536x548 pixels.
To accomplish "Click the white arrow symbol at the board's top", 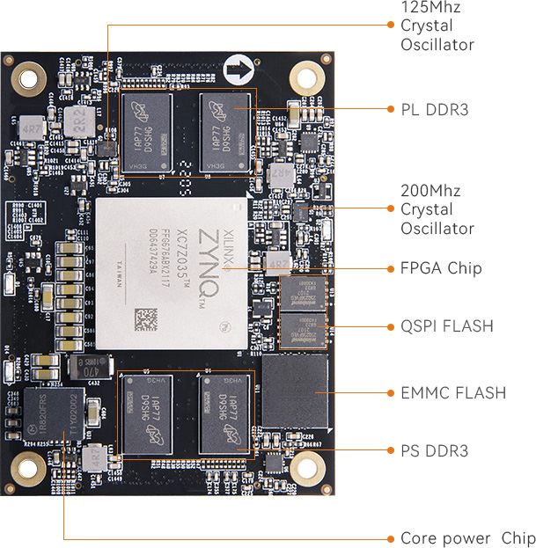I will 237,68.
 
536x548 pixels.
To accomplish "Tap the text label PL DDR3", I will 436,109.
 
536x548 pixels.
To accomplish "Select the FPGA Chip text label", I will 441,268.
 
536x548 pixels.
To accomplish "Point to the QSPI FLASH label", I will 447,326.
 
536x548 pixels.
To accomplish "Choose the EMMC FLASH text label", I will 453,391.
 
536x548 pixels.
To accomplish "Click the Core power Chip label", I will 467,538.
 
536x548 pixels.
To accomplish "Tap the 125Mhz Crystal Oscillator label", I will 437,26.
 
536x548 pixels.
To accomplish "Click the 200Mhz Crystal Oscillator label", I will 437,209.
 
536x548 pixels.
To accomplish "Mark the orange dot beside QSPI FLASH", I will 391,326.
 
